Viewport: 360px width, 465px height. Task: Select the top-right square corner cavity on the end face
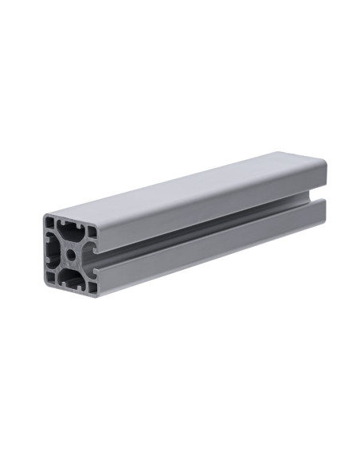pos(92,231)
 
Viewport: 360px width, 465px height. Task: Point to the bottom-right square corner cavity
pos(92,287)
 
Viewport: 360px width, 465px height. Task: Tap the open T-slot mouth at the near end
pos(94,260)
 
